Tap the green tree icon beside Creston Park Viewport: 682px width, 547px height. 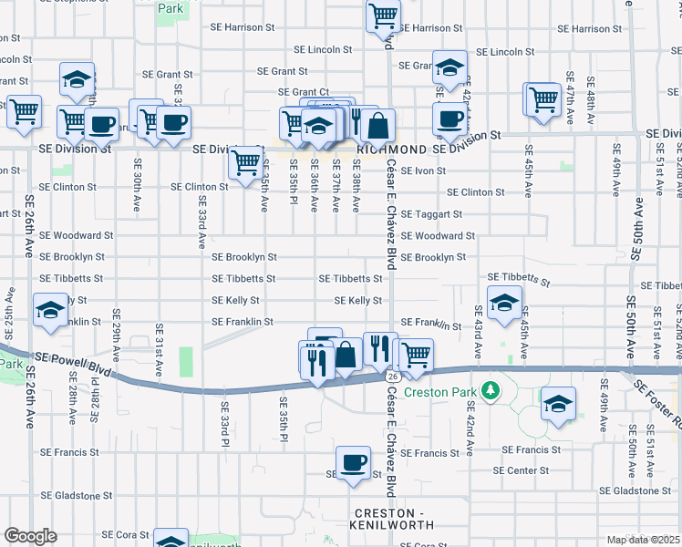pos(491,390)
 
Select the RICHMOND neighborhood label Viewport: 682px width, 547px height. pos(391,149)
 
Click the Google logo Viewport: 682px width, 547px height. pos(30,535)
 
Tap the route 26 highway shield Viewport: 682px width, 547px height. pos(392,376)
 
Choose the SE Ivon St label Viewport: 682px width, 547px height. pos(422,170)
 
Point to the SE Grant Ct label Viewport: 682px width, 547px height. pos(304,92)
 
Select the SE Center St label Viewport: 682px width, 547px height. pos(521,470)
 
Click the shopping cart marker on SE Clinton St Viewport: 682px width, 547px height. pos(245,163)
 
